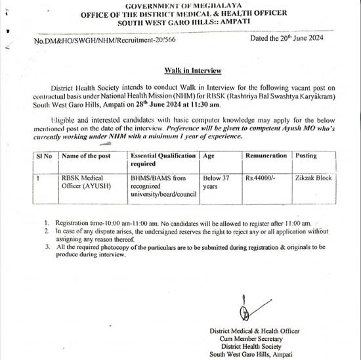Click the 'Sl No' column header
coord(43,156)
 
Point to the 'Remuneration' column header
coord(266,156)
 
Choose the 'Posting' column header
coord(307,156)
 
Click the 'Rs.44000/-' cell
coord(261,178)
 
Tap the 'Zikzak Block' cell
coord(314,178)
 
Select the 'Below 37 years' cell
coord(219,182)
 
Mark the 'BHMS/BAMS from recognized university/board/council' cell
coord(163,186)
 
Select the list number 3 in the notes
coord(47,247)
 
